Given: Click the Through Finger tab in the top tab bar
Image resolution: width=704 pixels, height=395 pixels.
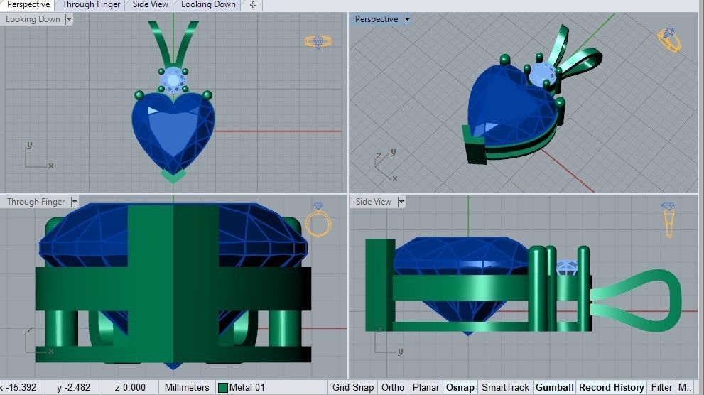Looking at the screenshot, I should click(x=91, y=5).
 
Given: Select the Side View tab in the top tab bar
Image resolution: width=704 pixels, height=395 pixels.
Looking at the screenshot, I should click(x=151, y=5).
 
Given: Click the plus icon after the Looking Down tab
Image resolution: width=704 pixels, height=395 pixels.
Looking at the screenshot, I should click(x=253, y=5).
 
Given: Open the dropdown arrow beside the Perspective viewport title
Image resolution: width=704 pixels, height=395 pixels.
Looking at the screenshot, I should click(x=407, y=20).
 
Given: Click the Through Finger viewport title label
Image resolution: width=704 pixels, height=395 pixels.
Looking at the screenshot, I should click(x=36, y=202).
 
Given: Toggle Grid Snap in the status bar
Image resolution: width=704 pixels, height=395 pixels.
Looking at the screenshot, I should click(x=352, y=387).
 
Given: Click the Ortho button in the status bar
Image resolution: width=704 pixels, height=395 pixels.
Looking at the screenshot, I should click(x=393, y=387).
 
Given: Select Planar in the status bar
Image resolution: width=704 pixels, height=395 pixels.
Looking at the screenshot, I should click(x=426, y=387).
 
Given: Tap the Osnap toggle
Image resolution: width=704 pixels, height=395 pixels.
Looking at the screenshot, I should click(x=460, y=387).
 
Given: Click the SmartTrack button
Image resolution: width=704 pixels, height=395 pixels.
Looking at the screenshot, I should click(x=505, y=387).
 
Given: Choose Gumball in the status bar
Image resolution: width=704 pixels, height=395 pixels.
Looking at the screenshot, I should click(x=554, y=387).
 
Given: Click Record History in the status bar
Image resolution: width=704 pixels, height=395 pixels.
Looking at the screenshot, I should click(x=611, y=387).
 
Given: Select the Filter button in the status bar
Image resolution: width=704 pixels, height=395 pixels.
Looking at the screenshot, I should click(x=661, y=387).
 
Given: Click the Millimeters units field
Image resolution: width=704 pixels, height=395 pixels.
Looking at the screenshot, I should click(x=187, y=387).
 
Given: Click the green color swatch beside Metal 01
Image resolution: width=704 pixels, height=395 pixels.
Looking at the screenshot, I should click(x=223, y=388).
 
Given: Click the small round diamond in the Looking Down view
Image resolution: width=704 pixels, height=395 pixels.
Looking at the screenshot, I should click(x=173, y=81).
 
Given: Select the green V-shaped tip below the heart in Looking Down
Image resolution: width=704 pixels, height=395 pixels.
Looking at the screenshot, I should click(x=173, y=175).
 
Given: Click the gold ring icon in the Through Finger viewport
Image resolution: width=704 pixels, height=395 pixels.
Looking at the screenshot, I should click(x=318, y=222).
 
